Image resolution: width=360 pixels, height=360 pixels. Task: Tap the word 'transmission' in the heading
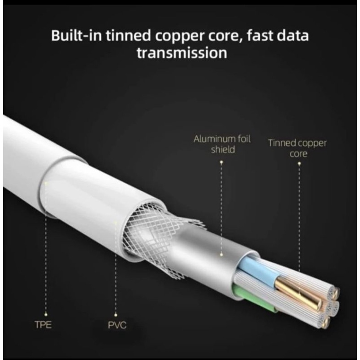182,53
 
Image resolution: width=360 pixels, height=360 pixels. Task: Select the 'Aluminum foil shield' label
222,144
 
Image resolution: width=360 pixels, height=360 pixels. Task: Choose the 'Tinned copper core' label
297,148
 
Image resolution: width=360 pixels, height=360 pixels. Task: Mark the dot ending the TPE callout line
46,184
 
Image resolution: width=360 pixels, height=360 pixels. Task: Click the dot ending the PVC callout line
116,224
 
